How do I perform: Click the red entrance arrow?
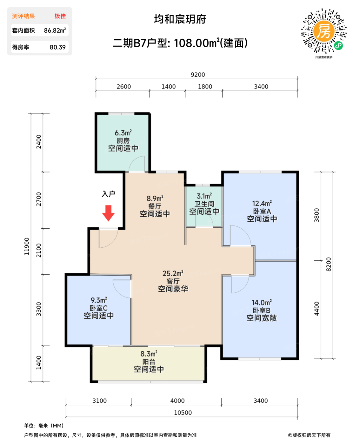point(108,213)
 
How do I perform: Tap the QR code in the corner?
point(323,31)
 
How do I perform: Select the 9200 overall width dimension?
point(198,75)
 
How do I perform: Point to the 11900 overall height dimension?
point(27,246)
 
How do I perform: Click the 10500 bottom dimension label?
point(183,413)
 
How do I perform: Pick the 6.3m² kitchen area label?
point(123,133)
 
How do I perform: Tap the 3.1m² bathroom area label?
point(204,196)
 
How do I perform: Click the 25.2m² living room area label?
point(173,273)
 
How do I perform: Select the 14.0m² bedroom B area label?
point(262,302)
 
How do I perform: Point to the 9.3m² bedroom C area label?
point(99,300)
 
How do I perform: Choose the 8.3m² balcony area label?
point(149,354)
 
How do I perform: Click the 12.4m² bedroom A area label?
point(262,203)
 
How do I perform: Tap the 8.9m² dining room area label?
point(155,198)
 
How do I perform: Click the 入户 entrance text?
point(109,194)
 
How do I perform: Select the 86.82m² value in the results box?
point(55,30)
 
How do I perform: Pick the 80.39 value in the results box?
point(57,47)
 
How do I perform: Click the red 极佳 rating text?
point(60,16)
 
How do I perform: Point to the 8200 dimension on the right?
point(329,264)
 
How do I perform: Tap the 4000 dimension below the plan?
point(177,401)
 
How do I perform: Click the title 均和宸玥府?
point(180,19)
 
